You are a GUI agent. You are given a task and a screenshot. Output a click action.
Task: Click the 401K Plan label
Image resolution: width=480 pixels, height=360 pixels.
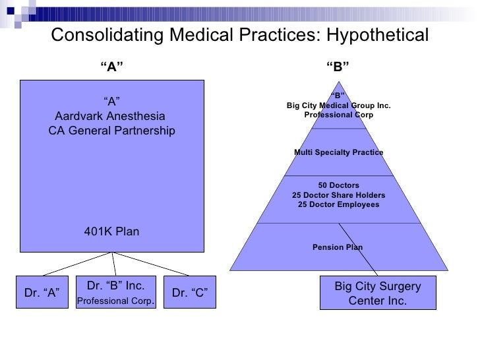111,231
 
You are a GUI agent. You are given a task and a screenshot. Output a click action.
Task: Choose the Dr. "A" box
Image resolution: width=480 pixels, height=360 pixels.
42,293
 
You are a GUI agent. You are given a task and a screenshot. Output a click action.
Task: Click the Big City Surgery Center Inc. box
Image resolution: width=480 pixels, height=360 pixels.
377,293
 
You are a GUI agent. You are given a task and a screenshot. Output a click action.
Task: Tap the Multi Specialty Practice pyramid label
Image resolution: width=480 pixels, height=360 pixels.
338,152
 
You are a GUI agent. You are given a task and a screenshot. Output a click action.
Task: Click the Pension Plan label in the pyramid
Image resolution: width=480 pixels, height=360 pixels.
338,247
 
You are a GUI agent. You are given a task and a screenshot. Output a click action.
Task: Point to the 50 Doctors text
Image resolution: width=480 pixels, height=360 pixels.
338,185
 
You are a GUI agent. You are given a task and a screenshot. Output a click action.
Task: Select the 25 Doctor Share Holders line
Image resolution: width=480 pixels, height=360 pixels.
338,195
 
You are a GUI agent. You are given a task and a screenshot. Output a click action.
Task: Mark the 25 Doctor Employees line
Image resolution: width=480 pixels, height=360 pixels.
338,204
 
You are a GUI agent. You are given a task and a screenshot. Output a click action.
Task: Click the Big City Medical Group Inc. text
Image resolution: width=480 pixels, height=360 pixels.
338,105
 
